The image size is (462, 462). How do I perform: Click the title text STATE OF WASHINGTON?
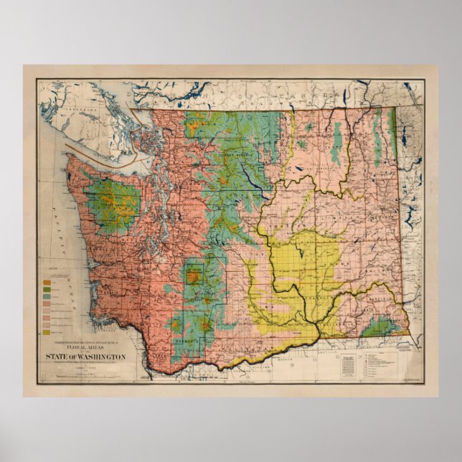point(86,357)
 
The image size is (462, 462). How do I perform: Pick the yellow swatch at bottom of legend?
point(46,332)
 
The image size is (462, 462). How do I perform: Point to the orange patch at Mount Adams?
point(206,326)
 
